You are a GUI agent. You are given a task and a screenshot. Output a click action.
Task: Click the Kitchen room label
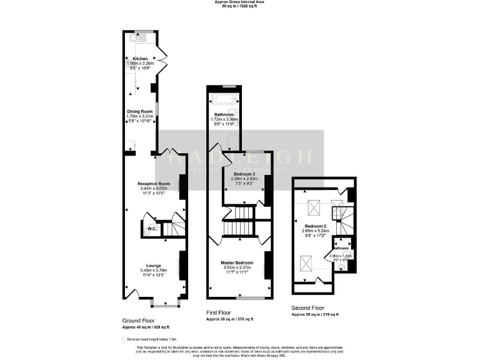(x=140, y=58)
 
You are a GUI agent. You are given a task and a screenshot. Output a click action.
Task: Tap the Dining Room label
(x=140, y=111)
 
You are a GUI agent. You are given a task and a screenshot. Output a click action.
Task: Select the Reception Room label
(x=154, y=183)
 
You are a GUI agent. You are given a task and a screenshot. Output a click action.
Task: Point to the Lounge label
(x=154, y=265)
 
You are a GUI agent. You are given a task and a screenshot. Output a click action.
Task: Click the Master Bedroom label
(x=238, y=262)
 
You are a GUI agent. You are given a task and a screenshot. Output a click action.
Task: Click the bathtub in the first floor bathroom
(x=224, y=99)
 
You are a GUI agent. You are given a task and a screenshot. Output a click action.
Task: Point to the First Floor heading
(x=221, y=312)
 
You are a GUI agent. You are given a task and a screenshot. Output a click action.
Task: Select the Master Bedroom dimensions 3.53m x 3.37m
(x=238, y=268)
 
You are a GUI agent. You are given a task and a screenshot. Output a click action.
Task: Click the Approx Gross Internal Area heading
(x=240, y=2)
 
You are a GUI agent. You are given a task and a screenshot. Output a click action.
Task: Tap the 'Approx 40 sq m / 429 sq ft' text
(x=146, y=327)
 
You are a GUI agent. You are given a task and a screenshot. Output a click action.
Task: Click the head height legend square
(x=124, y=339)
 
